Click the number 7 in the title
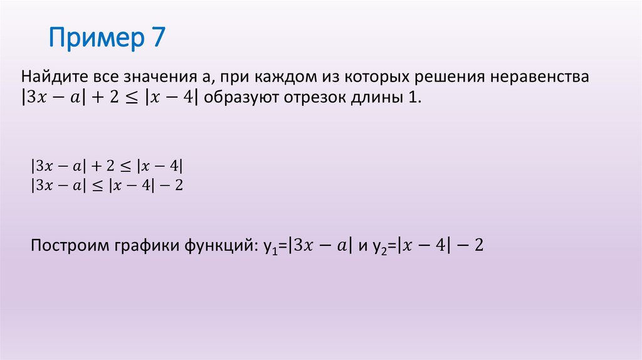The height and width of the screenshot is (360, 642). tap(157, 39)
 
